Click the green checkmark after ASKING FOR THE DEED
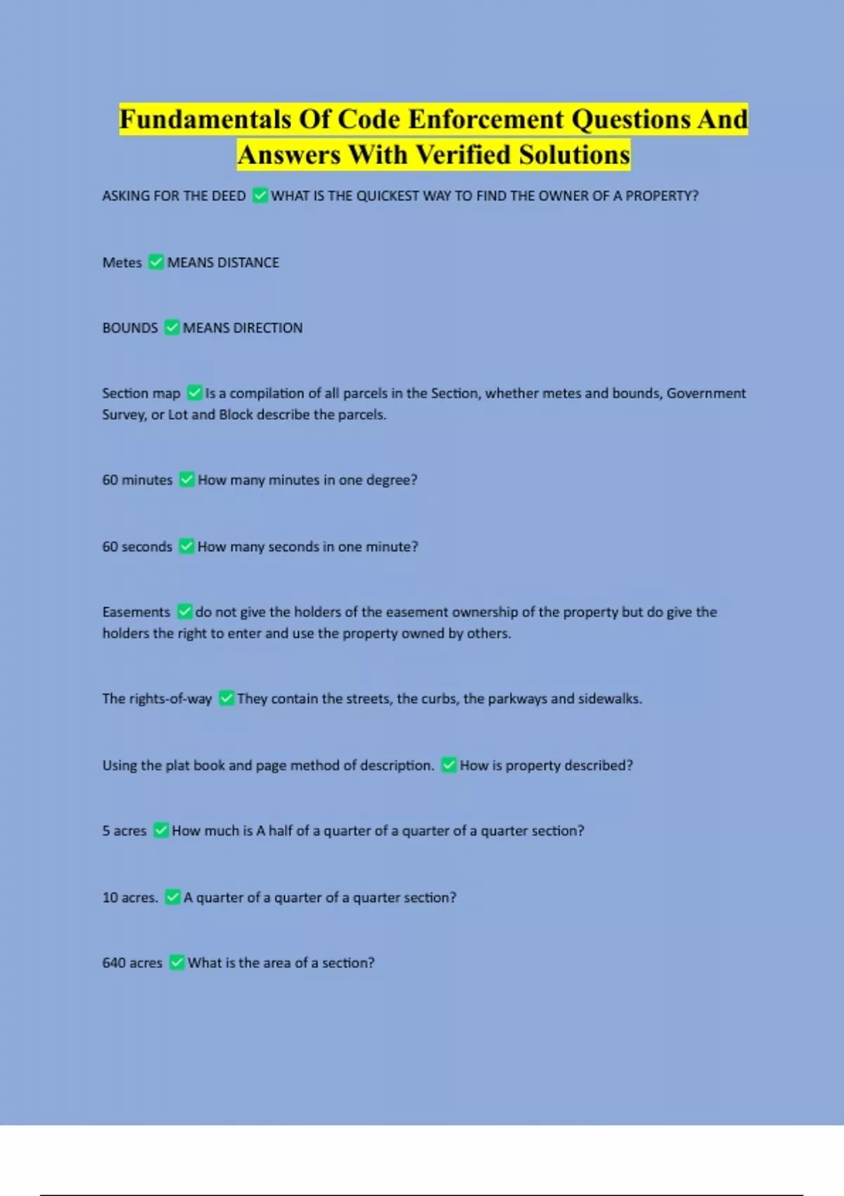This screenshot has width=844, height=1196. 260,196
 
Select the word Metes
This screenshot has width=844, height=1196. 122,262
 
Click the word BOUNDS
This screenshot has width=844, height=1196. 130,328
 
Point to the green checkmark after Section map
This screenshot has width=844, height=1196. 195,393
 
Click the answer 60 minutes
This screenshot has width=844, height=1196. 137,480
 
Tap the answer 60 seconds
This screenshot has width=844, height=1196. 137,547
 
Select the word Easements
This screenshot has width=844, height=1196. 136,612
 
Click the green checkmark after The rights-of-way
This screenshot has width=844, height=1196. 226,699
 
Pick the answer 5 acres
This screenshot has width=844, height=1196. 124,831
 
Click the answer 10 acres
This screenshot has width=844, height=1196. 130,898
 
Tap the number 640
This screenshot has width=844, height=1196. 113,962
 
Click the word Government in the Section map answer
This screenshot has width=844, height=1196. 706,393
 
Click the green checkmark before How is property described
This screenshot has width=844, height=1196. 449,765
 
